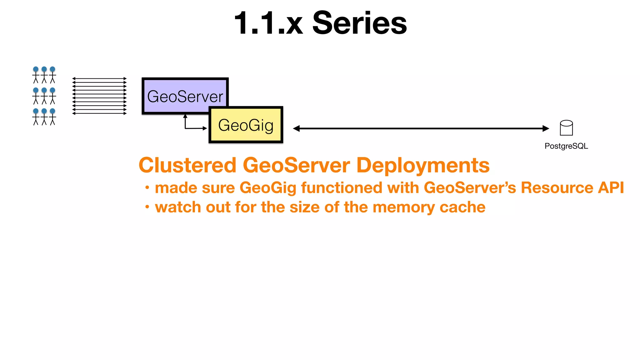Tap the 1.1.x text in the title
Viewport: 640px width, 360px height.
pyautogui.click(x=268, y=23)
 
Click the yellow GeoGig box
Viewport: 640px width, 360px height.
pyautogui.click(x=246, y=125)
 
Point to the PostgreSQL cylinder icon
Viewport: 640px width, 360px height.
pyautogui.click(x=566, y=128)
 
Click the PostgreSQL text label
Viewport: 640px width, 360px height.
pyautogui.click(x=566, y=146)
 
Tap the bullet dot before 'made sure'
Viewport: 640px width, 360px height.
pyautogui.click(x=147, y=188)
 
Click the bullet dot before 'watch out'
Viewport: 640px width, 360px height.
pyautogui.click(x=147, y=207)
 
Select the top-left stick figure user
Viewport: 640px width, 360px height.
pyautogui.click(x=36, y=75)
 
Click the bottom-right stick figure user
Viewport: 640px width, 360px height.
pyautogui.click(x=52, y=117)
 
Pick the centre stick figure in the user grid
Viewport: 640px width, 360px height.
pyautogui.click(x=44, y=96)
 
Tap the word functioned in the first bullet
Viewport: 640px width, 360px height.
pyautogui.click(x=342, y=187)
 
